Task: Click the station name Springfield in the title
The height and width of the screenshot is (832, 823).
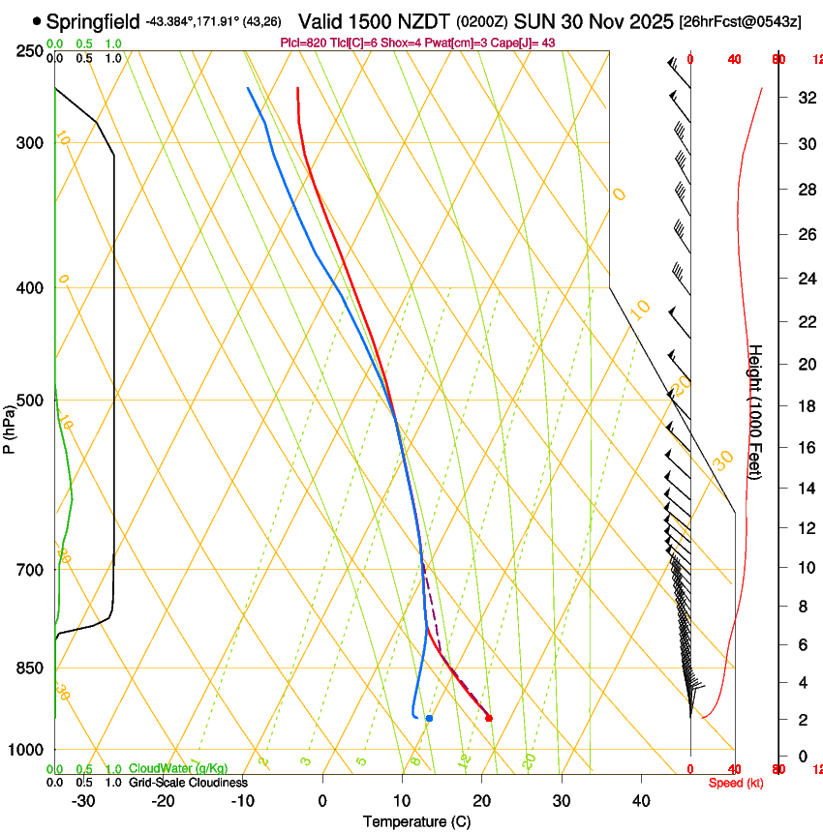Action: (93, 20)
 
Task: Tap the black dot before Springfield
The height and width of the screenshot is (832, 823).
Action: (37, 20)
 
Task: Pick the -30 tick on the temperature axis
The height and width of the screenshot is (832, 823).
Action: (83, 801)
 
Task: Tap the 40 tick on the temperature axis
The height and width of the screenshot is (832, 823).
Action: (641, 801)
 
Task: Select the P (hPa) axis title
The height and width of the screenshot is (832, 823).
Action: (10, 429)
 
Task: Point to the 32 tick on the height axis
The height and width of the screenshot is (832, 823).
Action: (805, 98)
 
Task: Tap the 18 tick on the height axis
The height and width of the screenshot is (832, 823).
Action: (805, 406)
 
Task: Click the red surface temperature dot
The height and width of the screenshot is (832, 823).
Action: (489, 718)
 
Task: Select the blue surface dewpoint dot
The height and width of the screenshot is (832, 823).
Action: (429, 718)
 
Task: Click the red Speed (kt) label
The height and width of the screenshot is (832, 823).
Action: (735, 783)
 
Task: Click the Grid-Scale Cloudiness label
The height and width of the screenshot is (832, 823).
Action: (188, 783)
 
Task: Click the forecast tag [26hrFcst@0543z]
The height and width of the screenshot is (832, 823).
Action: (740, 21)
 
